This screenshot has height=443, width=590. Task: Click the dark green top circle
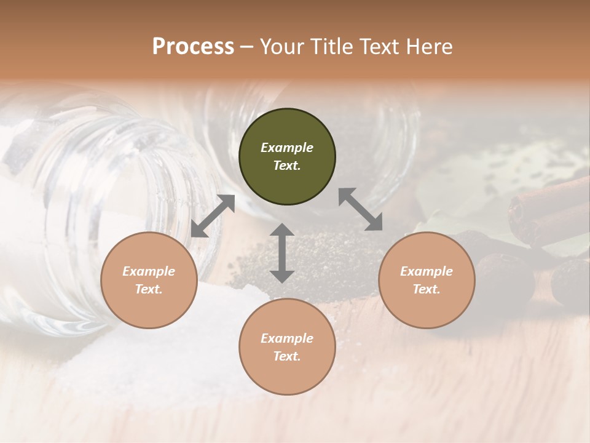point(287,157)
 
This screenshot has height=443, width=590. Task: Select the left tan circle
point(149,281)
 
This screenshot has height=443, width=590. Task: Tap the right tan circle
point(427,281)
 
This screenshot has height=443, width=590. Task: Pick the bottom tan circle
point(287,347)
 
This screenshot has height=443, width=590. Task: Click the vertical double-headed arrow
point(282,253)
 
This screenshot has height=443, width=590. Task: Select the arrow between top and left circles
point(213,216)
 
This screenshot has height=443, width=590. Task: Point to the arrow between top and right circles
point(360,209)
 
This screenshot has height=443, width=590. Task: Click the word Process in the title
point(193,47)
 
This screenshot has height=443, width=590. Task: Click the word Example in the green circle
point(287,148)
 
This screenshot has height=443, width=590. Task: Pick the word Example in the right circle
point(427,271)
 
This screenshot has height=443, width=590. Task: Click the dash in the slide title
point(247,47)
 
